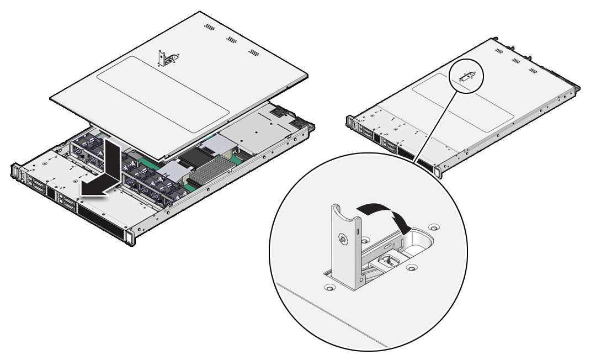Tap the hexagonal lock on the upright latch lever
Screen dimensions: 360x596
coord(342,240)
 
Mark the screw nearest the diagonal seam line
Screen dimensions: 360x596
coord(329,288)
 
